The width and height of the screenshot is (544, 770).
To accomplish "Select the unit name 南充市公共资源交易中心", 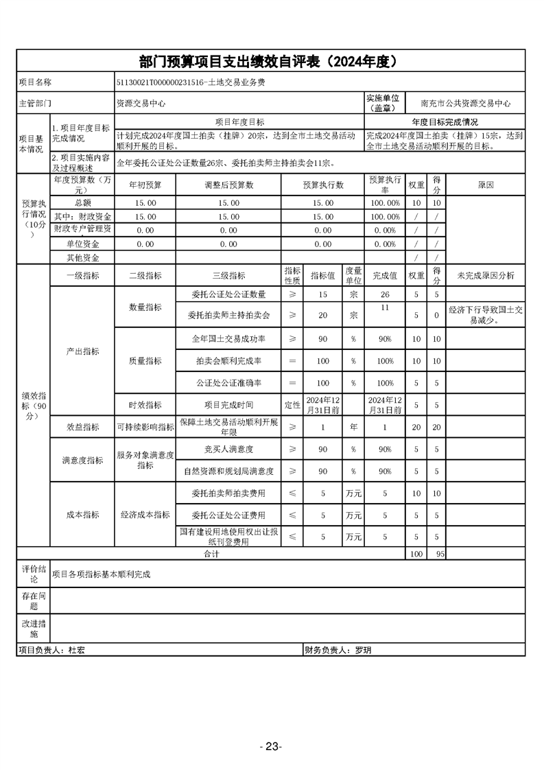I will [466, 104].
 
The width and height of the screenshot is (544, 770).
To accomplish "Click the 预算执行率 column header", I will [385, 185].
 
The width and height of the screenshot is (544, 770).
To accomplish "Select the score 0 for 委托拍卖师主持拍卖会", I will [436, 316].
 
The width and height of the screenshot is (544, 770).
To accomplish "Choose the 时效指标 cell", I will [145, 405].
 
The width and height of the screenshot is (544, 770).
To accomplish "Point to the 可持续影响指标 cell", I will [145, 427].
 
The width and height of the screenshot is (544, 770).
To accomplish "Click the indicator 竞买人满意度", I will [228, 449].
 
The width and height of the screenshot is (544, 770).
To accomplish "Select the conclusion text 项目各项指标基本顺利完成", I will [102, 574].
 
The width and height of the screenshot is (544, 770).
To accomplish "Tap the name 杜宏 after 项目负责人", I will [77, 649].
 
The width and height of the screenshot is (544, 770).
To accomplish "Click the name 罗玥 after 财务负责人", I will [362, 649].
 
